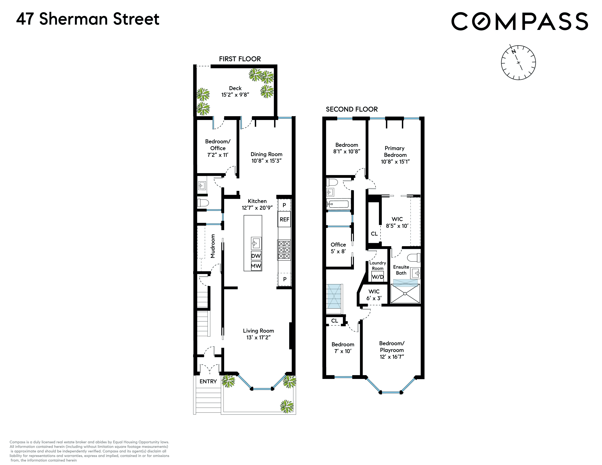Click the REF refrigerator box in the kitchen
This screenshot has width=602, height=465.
(284, 219)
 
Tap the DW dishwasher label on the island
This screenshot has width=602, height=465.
(256, 256)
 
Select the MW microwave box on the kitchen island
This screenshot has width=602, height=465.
(256, 266)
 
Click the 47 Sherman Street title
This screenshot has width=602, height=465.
(88, 19)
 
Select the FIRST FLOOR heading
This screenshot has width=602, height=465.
(240, 59)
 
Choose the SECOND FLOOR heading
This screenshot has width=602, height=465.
(352, 109)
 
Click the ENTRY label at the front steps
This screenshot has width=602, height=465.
(208, 381)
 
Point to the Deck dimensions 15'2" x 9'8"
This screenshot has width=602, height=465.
(235, 95)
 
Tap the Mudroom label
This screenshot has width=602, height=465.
(213, 246)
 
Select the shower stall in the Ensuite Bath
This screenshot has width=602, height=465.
(405, 293)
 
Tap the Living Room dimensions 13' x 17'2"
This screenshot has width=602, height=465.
(258, 338)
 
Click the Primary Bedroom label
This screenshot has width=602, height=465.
(395, 152)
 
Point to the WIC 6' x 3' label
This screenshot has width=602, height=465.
(374, 295)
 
